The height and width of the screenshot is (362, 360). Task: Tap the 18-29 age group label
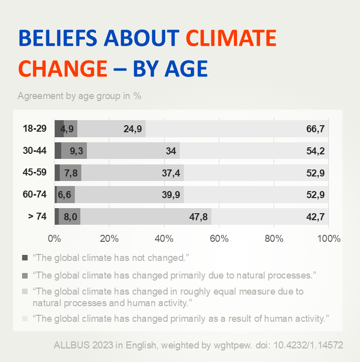click(35, 129)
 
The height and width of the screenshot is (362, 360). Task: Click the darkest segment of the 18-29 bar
click(59, 129)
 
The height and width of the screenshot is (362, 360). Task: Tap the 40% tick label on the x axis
click(164, 238)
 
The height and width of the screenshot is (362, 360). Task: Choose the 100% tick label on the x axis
click(329, 238)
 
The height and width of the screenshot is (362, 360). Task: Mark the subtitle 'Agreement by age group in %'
click(79, 96)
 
